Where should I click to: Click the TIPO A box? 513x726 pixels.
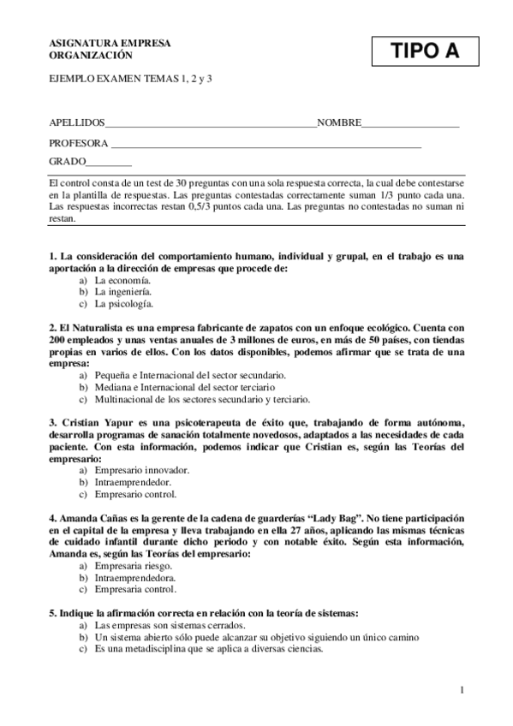(425, 51)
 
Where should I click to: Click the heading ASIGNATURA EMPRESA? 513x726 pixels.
(110, 43)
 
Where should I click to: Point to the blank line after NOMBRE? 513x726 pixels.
(410, 126)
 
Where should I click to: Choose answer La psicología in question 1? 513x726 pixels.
(124, 304)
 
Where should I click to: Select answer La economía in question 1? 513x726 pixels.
(122, 280)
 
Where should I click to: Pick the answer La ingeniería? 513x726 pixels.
(123, 292)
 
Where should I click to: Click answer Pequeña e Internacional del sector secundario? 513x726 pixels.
(190, 375)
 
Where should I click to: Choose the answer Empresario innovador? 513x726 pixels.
(142, 470)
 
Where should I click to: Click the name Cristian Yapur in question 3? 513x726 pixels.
(89, 423)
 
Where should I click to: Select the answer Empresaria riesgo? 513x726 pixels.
(134, 565)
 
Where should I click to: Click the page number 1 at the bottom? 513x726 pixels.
(462, 690)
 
